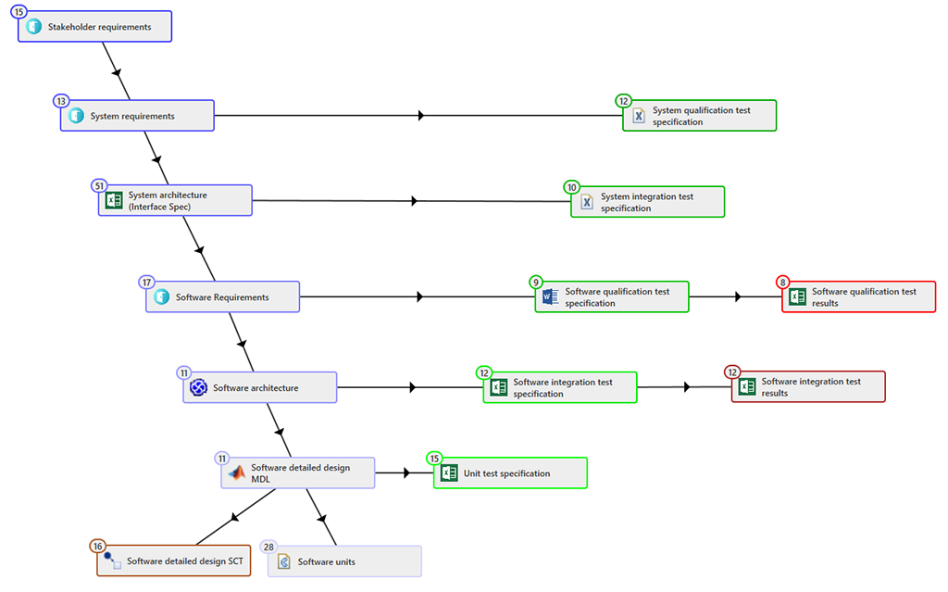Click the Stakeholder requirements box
95,27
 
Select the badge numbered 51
99,186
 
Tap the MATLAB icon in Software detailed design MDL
236,472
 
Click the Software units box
344,561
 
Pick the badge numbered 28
268,547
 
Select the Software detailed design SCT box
173,561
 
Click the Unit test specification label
506,473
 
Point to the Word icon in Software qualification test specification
550,296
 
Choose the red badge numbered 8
783,282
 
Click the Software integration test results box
808,387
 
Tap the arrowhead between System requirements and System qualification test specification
421,115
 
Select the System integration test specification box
647,202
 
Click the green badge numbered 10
571,187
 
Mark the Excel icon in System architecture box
114,200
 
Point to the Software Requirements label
222,297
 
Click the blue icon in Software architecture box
198,387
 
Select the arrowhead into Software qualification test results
738,296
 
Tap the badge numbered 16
98,546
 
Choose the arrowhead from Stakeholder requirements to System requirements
117,72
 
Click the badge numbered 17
146,282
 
